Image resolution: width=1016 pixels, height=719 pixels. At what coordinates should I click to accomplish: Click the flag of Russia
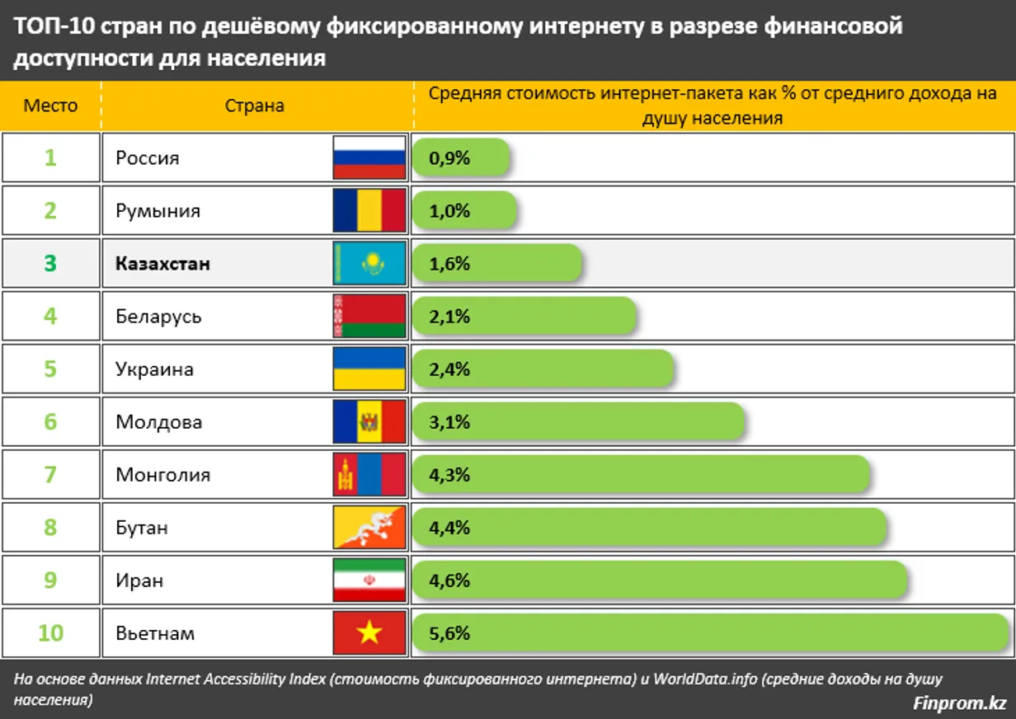[369, 157]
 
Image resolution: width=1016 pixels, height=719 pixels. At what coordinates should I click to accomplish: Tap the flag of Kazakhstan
[369, 263]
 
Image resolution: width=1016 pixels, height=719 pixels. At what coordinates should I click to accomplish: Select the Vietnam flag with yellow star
[369, 633]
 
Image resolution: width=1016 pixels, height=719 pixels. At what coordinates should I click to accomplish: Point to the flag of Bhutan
[369, 528]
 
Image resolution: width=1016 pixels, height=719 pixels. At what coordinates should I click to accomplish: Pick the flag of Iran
[369, 580]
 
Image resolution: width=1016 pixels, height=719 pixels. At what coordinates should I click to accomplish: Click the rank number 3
[50, 264]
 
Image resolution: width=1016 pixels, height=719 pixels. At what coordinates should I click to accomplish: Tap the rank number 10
[50, 633]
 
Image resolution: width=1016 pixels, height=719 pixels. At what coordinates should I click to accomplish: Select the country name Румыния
[158, 211]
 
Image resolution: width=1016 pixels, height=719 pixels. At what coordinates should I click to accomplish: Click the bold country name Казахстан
[162, 264]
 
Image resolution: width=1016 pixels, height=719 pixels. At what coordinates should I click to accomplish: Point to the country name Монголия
[162, 475]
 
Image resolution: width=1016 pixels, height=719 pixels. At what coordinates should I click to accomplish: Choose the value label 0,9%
[449, 158]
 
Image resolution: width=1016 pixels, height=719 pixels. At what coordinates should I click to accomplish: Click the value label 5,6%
[449, 633]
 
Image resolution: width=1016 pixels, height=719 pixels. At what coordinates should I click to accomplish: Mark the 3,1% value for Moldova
[449, 422]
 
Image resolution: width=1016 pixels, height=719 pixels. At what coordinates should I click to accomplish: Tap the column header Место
[50, 106]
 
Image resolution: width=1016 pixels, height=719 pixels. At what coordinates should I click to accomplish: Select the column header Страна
[254, 106]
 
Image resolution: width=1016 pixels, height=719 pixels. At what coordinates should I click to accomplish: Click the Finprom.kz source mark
[960, 703]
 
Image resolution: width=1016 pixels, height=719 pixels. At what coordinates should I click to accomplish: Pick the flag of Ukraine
[369, 369]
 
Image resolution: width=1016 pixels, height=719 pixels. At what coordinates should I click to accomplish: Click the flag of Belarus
[369, 316]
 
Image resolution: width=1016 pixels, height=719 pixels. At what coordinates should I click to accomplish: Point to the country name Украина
[154, 369]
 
